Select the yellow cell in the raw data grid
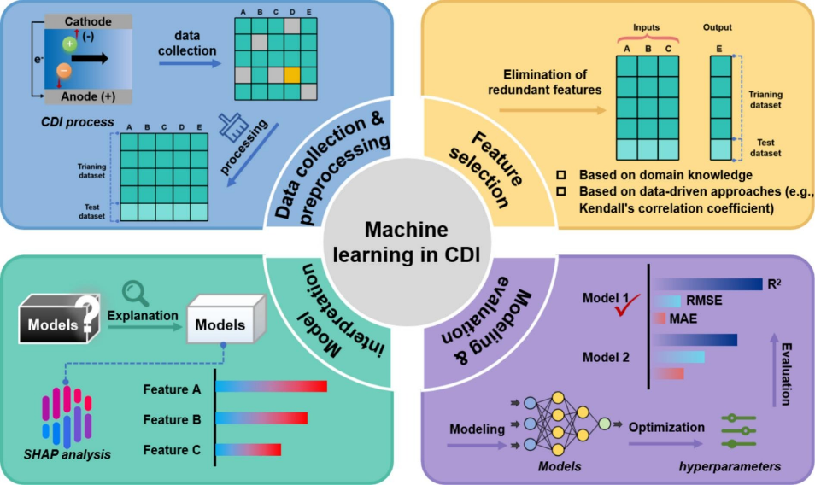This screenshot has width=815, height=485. [292, 75]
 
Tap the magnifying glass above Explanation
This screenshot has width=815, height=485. [136, 295]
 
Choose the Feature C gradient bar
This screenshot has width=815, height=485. [247, 449]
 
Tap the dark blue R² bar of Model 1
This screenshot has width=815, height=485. [709, 283]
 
